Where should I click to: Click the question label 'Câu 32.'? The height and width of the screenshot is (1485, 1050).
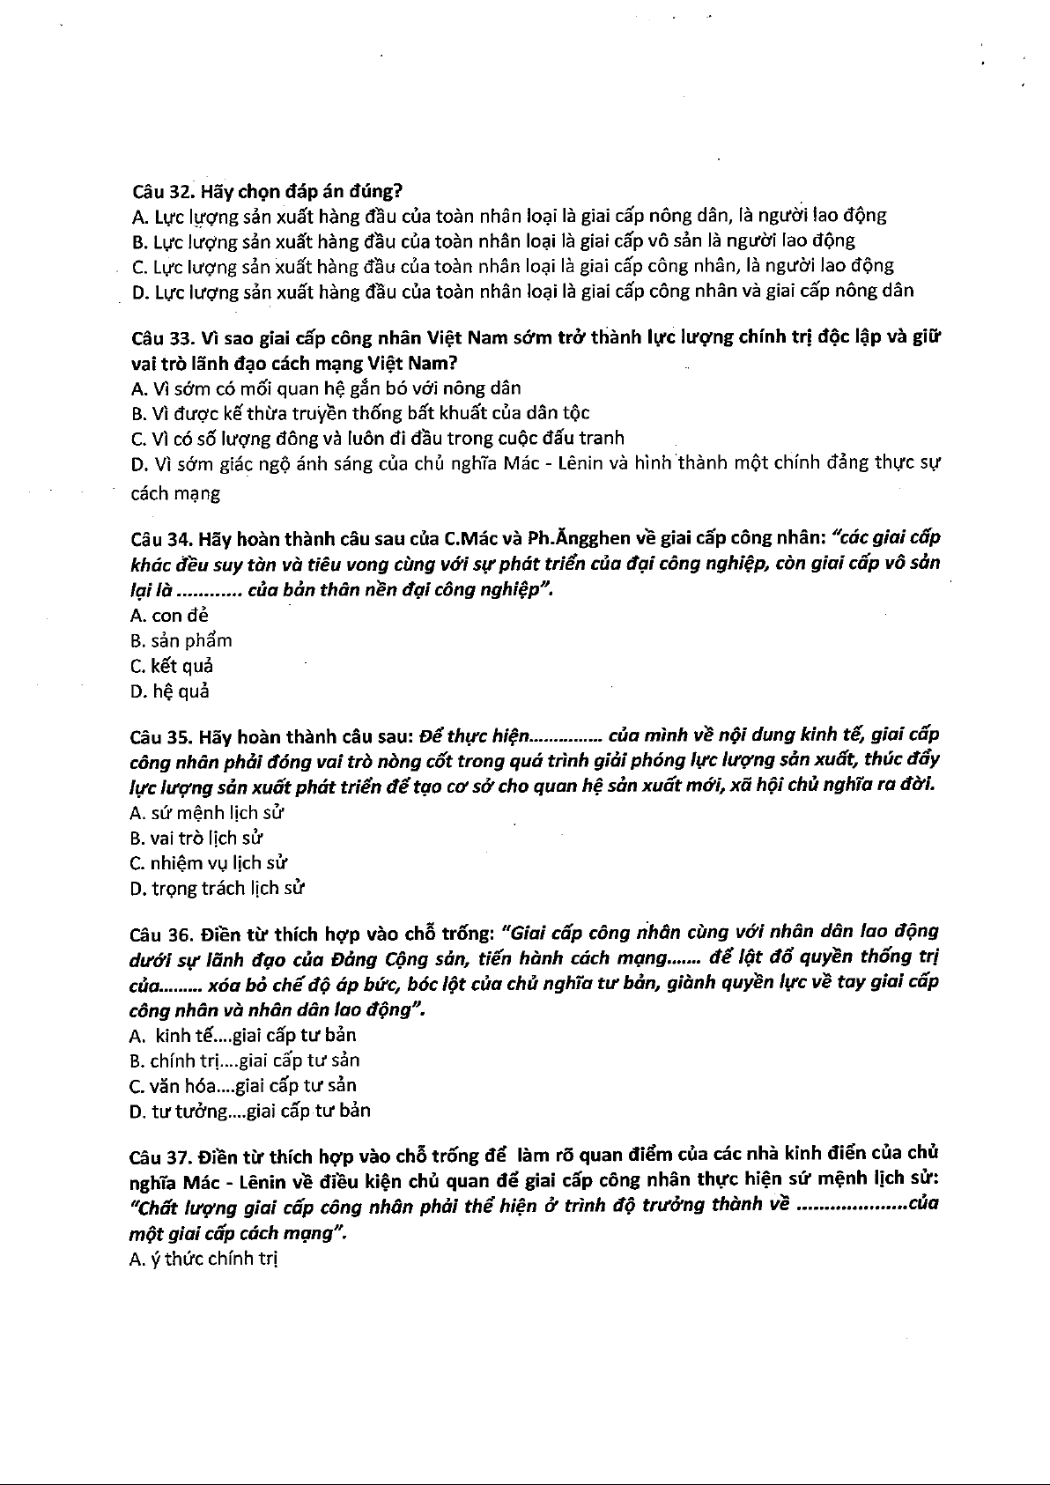point(163,190)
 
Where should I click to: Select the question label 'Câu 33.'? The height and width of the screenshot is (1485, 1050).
point(163,338)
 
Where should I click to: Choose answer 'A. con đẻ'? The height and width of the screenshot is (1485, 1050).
point(169,616)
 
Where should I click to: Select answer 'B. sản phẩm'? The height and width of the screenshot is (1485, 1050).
point(181,641)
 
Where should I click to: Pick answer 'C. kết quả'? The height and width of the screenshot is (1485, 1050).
point(172,667)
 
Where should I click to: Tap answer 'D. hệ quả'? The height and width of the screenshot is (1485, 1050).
point(170,692)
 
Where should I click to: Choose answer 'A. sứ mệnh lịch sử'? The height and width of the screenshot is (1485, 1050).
point(207,813)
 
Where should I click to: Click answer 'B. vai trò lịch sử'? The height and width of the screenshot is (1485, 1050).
point(196,839)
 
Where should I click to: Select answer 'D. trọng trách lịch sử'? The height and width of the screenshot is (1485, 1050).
point(218,889)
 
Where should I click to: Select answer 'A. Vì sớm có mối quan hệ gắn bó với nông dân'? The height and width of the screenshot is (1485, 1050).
point(325,388)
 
